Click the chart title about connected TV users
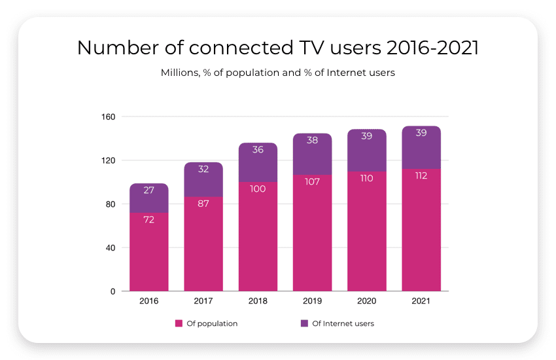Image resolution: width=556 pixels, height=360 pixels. click(277, 48)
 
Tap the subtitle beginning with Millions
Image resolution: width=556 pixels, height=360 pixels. click(277, 73)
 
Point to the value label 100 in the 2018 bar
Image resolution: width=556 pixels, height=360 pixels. click(258, 189)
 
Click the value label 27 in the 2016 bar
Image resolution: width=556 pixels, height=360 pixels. click(149, 190)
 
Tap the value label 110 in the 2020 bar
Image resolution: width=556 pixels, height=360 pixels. click(366, 178)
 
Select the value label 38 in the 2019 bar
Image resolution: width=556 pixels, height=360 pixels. click(312, 140)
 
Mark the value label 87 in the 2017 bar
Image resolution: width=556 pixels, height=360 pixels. click(203, 203)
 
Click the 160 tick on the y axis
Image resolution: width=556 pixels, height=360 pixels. click(109, 117)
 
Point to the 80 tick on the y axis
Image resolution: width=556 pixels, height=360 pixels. click(110, 204)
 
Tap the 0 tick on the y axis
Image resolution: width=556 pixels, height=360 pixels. click(113, 291)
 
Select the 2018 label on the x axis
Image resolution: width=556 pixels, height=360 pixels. click(258, 301)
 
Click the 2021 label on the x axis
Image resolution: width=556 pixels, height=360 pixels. click(421, 301)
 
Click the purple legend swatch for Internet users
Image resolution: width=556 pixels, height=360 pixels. click(304, 323)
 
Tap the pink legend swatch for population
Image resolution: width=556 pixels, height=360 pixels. click(178, 323)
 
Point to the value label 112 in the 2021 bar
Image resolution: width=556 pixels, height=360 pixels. click(421, 175)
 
